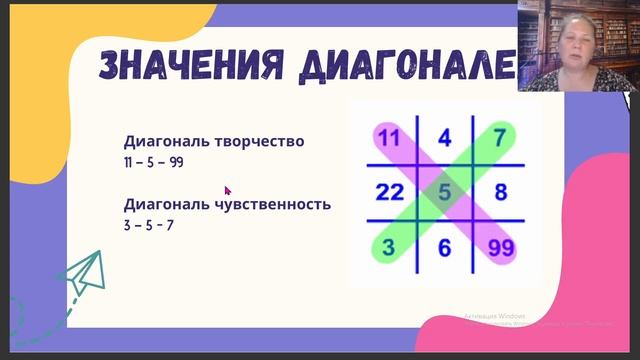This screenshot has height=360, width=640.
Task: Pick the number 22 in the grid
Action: [x=390, y=191]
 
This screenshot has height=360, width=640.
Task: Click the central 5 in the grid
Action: [x=445, y=190]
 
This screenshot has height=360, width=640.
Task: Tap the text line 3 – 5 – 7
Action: [x=148, y=225]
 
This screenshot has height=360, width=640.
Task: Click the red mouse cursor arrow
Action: [x=227, y=189]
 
